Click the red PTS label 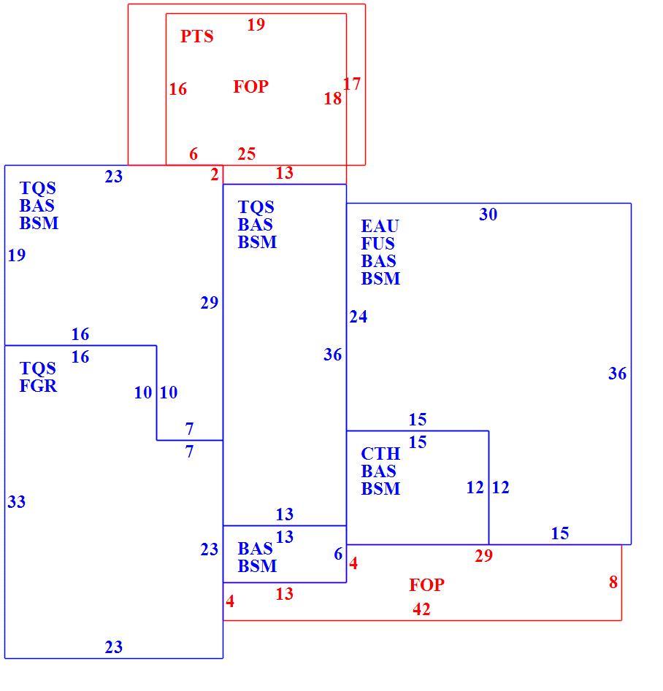[196, 36]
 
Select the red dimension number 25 [247, 154]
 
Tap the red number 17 [352, 84]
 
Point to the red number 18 [333, 99]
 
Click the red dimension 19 [256, 24]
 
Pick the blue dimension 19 [17, 255]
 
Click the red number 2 [215, 174]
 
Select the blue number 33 [17, 501]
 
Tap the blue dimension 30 [488, 215]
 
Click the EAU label [380, 226]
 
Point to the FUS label [378, 244]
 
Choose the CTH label [380, 453]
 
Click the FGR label [39, 386]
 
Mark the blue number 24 [359, 317]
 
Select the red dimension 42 [422, 609]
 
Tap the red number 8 [613, 582]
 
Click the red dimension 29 [484, 556]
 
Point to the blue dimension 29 [210, 303]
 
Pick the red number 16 [177, 89]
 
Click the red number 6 [193, 154]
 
